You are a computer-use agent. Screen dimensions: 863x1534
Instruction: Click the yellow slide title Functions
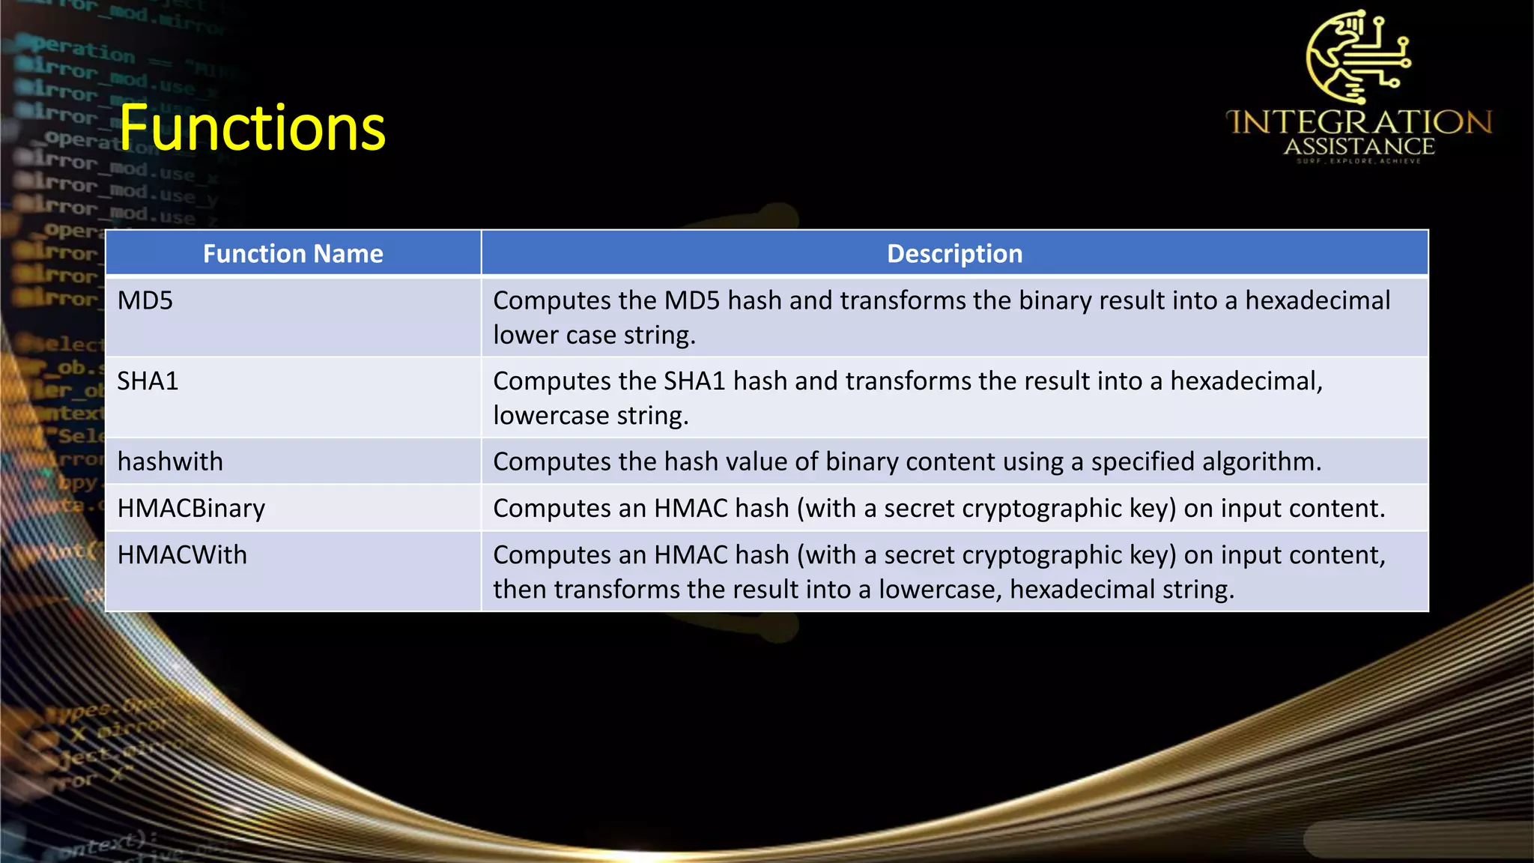[252, 129]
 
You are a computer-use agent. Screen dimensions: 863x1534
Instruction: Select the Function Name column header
[293, 254]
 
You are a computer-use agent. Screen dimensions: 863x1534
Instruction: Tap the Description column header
[954, 254]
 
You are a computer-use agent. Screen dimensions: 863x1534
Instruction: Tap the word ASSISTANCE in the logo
[1359, 147]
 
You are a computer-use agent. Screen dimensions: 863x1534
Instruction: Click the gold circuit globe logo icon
[1357, 56]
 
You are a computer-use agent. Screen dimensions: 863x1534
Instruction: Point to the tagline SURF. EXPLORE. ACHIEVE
[1359, 161]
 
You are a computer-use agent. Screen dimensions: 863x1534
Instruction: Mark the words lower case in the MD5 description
[554, 336]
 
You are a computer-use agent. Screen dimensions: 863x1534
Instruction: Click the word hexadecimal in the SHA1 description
[1246, 381]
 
